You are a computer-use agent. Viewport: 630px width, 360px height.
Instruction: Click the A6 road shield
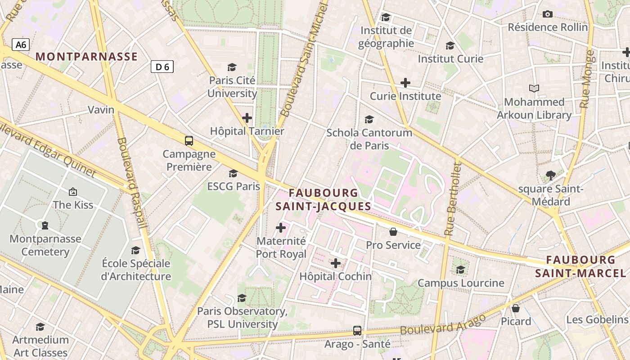point(21,45)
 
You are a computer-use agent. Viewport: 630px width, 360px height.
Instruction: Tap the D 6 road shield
point(162,67)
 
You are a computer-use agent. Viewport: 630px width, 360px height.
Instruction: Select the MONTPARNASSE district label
point(86,57)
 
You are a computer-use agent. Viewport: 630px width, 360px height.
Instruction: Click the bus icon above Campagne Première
point(189,140)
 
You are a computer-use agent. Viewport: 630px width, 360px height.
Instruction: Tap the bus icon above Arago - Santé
point(357,330)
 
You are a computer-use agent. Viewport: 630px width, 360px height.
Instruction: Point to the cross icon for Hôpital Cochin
point(336,263)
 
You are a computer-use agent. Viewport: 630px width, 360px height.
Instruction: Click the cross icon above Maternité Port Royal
point(281,228)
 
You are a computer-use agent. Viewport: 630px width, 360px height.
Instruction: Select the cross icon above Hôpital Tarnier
point(247,118)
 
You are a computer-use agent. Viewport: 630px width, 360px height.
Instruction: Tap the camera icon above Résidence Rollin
point(548,14)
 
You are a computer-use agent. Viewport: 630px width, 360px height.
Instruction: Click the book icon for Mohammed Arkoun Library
point(534,88)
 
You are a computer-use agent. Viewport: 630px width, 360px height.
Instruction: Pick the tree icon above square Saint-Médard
point(550,175)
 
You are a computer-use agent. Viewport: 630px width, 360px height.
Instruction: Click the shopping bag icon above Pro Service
point(393,232)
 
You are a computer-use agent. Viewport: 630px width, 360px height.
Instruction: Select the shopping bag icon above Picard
point(516,308)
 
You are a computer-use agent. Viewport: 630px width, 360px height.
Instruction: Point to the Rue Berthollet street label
point(453,199)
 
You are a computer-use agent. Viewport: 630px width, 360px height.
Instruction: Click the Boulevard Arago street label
point(443,324)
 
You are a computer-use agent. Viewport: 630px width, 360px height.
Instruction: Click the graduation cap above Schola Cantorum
point(369,119)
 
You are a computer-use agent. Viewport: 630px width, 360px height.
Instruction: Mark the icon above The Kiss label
point(73,192)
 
